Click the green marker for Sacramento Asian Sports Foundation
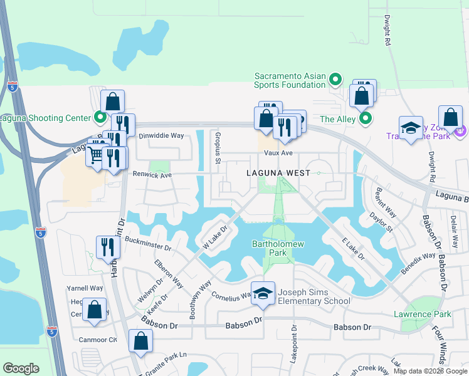tap(335, 80)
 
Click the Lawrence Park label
tap(422, 314)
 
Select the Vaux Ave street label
tap(278, 153)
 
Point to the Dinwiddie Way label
tap(161, 135)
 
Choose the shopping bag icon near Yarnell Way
tap(94, 310)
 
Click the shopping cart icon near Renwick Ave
tap(96, 153)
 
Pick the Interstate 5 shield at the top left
tap(13, 87)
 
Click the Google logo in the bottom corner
tap(21, 368)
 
